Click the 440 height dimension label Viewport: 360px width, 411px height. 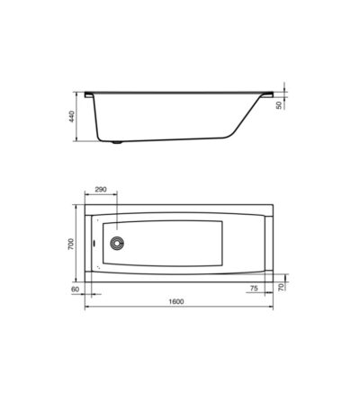tap(71, 116)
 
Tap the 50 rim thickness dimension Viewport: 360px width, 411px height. tap(279, 105)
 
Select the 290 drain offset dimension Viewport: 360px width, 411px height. tap(101, 190)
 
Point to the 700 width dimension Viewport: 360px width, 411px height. tap(71, 245)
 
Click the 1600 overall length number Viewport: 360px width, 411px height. tap(176, 301)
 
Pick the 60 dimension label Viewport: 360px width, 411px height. tap(75, 290)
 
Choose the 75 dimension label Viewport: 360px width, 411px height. tap(254, 289)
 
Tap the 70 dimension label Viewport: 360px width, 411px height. tap(281, 287)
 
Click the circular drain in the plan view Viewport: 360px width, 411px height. tap(116, 243)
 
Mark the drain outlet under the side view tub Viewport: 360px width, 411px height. tap(116, 142)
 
